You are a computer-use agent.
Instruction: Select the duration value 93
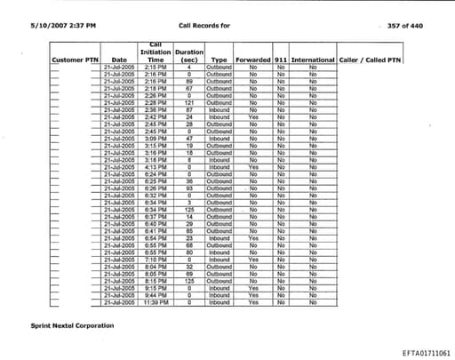point(189,188)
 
